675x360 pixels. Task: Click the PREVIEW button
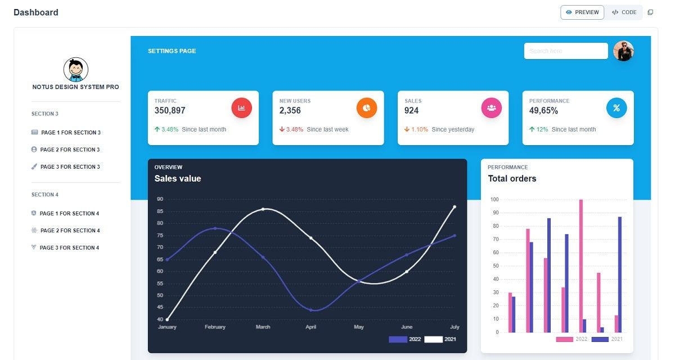tap(582, 12)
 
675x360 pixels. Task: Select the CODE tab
tap(624, 12)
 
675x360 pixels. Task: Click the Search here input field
tap(565, 51)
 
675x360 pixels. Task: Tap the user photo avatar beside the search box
tap(623, 51)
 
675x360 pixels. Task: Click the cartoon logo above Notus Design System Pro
tap(75, 70)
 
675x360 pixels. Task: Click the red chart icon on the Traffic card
tap(241, 108)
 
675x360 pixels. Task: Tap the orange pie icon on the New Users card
tap(366, 108)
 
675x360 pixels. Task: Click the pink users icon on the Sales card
tap(491, 108)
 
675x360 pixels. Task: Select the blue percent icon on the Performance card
tap(616, 108)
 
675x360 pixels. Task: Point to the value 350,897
tap(170, 111)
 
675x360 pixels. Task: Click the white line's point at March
tap(263, 209)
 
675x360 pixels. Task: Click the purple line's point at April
tap(311, 310)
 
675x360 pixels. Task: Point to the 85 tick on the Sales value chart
tap(160, 211)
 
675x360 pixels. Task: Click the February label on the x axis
tap(215, 327)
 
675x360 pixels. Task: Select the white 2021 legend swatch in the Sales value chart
tap(433, 339)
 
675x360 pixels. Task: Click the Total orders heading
tap(512, 179)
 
